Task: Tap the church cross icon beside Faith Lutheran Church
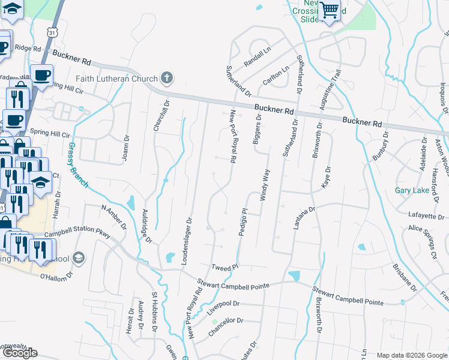(167, 78)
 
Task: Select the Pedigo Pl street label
(244, 222)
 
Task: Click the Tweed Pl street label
(226, 266)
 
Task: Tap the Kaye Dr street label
(327, 178)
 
